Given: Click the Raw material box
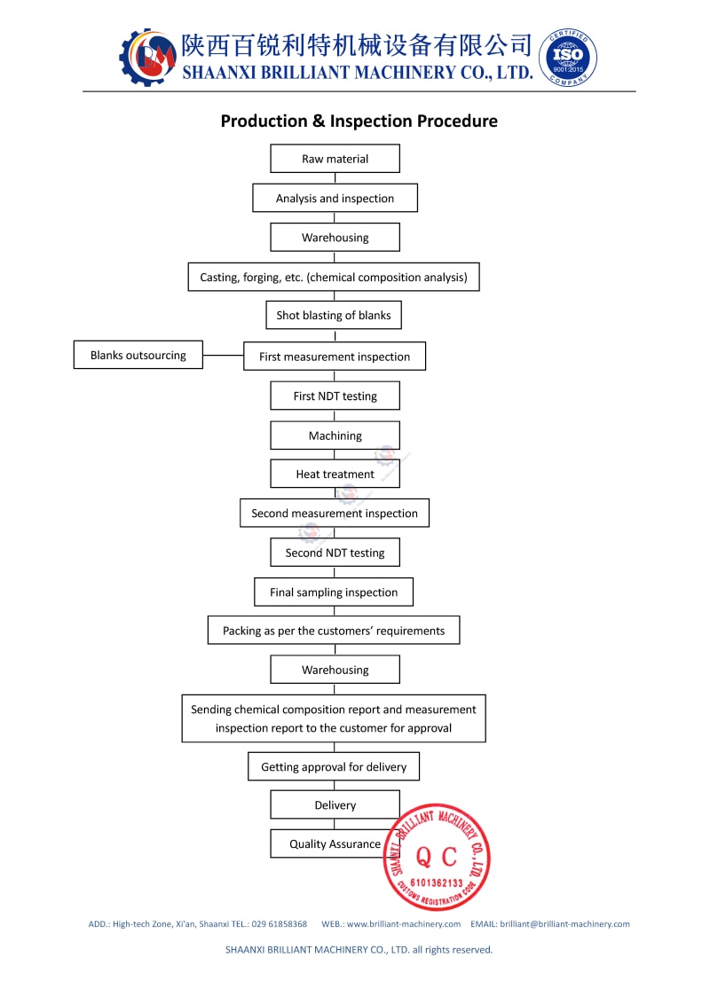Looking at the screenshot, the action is point(335,159).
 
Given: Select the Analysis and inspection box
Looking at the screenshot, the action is point(335,198).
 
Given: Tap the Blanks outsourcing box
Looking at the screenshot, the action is point(138,355).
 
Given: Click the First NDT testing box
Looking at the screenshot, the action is point(335,396).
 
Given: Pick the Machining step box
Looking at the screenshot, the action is point(335,435).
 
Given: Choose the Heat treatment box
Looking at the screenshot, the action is point(335,474).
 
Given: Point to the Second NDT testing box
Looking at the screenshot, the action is point(335,553).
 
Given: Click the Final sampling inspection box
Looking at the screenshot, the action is point(334,592).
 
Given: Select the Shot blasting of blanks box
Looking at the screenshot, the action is point(334,315).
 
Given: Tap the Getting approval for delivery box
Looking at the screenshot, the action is point(334,766).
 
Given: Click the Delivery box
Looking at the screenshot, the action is point(335,804).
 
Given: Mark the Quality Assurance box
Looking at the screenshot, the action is point(335,844).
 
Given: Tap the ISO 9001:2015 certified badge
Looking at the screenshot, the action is point(568,58).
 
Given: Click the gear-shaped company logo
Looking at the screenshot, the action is point(148,58).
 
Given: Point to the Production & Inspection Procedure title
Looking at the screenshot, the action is point(359,121).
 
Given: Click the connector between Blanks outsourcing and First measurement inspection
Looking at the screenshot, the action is point(223,356).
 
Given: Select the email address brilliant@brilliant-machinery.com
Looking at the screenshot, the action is point(564,924).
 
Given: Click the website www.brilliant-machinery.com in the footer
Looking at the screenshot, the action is point(404,924).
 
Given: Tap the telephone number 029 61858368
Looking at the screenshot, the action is point(280,924).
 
